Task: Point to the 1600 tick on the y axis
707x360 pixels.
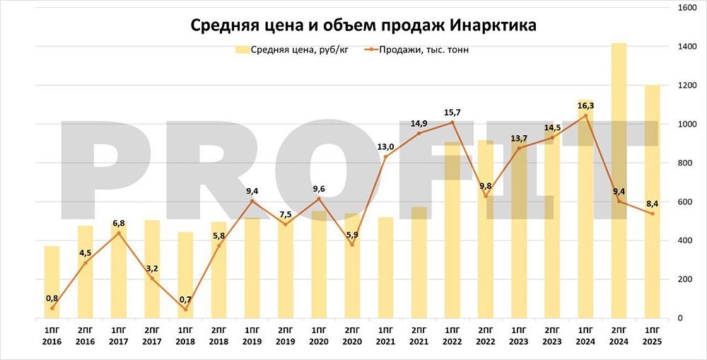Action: click(685, 8)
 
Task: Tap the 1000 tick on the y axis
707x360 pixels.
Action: click(685, 124)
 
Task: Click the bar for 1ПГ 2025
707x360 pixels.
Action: click(653, 212)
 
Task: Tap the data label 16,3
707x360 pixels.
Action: click(585, 105)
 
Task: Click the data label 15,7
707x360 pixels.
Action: click(452, 112)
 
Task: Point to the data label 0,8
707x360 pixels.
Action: click(52, 298)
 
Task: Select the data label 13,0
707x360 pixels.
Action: click(385, 146)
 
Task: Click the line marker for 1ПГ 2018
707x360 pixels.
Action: click(185, 309)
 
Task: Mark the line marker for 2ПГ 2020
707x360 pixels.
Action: click(352, 245)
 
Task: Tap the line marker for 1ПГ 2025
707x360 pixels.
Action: click(653, 214)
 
